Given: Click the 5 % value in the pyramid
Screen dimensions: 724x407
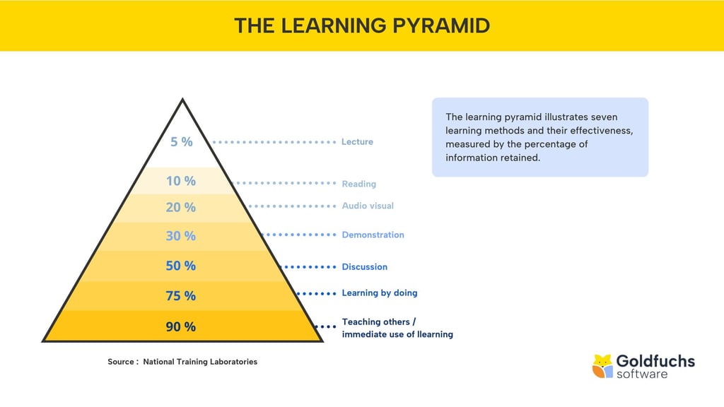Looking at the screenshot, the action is (x=182, y=141).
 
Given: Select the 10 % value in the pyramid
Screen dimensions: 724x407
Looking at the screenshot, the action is (x=181, y=181).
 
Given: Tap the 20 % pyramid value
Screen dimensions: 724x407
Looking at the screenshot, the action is (x=181, y=207).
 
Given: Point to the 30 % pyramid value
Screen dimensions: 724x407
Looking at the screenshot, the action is (x=181, y=236).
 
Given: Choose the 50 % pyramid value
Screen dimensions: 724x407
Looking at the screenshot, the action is (x=181, y=266).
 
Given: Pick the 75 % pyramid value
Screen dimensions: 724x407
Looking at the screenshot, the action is (x=181, y=296).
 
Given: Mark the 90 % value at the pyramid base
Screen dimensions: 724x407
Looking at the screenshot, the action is (x=181, y=326).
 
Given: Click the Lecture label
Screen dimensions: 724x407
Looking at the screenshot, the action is (x=357, y=141).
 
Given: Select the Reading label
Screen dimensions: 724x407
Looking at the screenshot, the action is (x=358, y=184).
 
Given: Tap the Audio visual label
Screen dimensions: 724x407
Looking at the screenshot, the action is (x=368, y=206).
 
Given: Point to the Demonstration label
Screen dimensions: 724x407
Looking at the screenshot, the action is (x=373, y=235).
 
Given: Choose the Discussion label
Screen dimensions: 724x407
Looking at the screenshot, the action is (x=365, y=266).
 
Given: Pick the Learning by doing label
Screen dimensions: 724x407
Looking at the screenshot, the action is (x=380, y=293).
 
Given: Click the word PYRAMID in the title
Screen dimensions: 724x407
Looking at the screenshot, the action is (x=441, y=26).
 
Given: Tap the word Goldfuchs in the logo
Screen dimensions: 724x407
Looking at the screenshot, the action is (x=655, y=361).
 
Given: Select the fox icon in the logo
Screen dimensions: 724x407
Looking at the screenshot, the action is (x=602, y=367).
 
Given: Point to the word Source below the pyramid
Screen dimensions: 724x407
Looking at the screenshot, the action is (x=121, y=362).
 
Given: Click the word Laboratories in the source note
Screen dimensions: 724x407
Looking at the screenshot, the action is (x=233, y=362).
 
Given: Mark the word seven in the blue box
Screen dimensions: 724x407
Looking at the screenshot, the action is (x=605, y=117).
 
